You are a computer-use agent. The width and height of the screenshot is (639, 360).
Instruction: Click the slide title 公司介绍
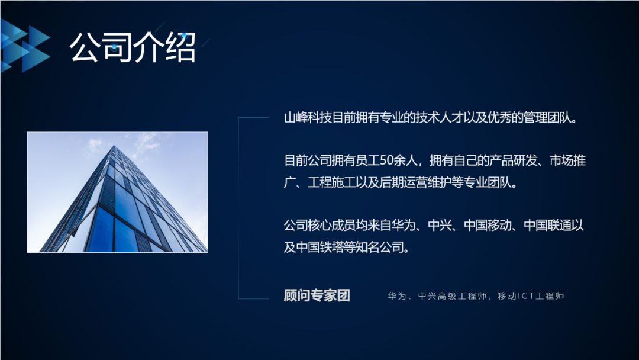(133, 47)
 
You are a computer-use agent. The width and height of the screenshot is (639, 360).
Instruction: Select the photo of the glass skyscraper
(117, 192)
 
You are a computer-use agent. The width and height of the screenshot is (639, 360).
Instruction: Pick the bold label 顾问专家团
(317, 295)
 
